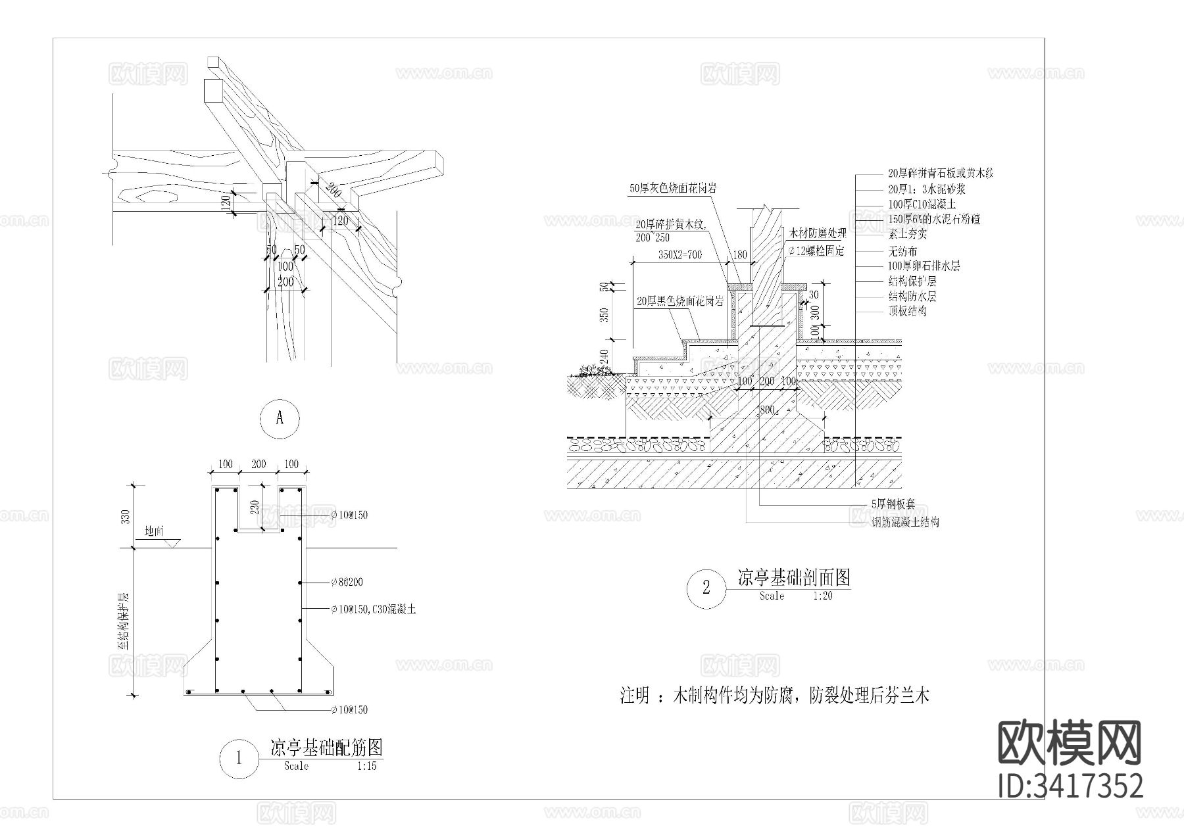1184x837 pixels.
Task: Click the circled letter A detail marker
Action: point(280,418)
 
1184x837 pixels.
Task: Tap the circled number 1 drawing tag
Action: point(238,758)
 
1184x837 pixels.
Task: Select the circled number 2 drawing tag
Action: point(706,587)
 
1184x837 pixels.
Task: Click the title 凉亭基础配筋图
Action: point(326,747)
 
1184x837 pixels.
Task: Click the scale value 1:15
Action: point(367,767)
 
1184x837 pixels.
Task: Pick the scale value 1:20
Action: point(823,596)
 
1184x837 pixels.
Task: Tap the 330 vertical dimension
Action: point(126,517)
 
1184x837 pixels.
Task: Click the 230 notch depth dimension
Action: point(255,508)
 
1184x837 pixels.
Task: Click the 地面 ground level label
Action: point(153,531)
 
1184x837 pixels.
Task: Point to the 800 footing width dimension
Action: point(767,410)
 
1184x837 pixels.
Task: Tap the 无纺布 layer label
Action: point(902,251)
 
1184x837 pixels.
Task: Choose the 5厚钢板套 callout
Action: point(897,504)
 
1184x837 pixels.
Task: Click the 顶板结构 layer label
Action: point(907,311)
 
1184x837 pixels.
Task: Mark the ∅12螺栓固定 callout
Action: point(815,251)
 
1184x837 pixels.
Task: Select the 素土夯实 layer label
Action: point(907,233)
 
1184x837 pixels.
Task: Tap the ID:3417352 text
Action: point(1070,786)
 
